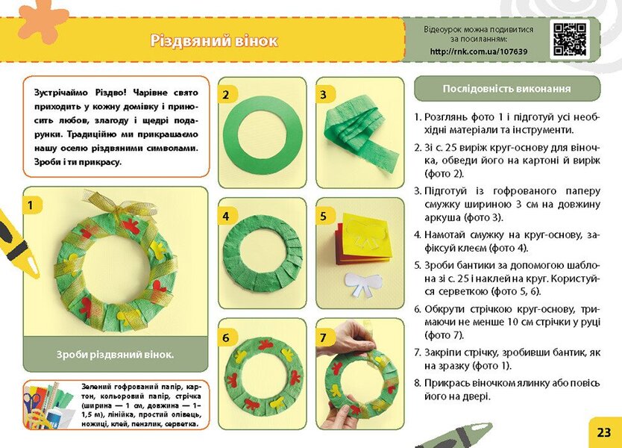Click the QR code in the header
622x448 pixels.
[x=569, y=40]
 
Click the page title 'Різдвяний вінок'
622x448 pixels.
[x=213, y=40]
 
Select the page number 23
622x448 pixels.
[x=603, y=432]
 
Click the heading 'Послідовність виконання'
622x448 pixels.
[x=506, y=88]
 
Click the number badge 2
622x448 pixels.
[x=227, y=94]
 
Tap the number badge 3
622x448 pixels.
[x=324, y=94]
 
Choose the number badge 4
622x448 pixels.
[x=227, y=216]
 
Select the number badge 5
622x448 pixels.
[x=324, y=216]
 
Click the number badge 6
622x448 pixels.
[x=227, y=337]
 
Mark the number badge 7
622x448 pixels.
[x=324, y=337]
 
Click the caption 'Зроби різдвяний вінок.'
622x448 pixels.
[x=115, y=355]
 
